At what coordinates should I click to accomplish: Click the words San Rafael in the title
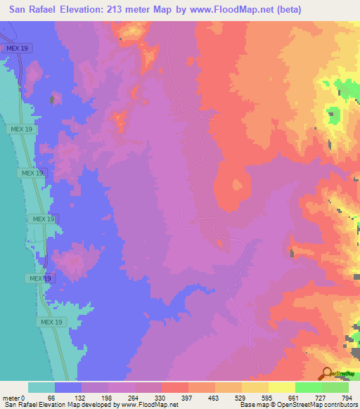(x=32, y=9)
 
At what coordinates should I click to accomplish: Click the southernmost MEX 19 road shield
(x=51, y=322)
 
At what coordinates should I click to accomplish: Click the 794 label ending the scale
(x=347, y=397)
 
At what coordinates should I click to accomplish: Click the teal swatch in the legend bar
(x=41, y=387)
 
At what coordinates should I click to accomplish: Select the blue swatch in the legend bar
(x=68, y=387)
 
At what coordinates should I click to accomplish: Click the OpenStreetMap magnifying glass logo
(x=328, y=374)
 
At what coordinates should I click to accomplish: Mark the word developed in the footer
(x=96, y=405)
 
